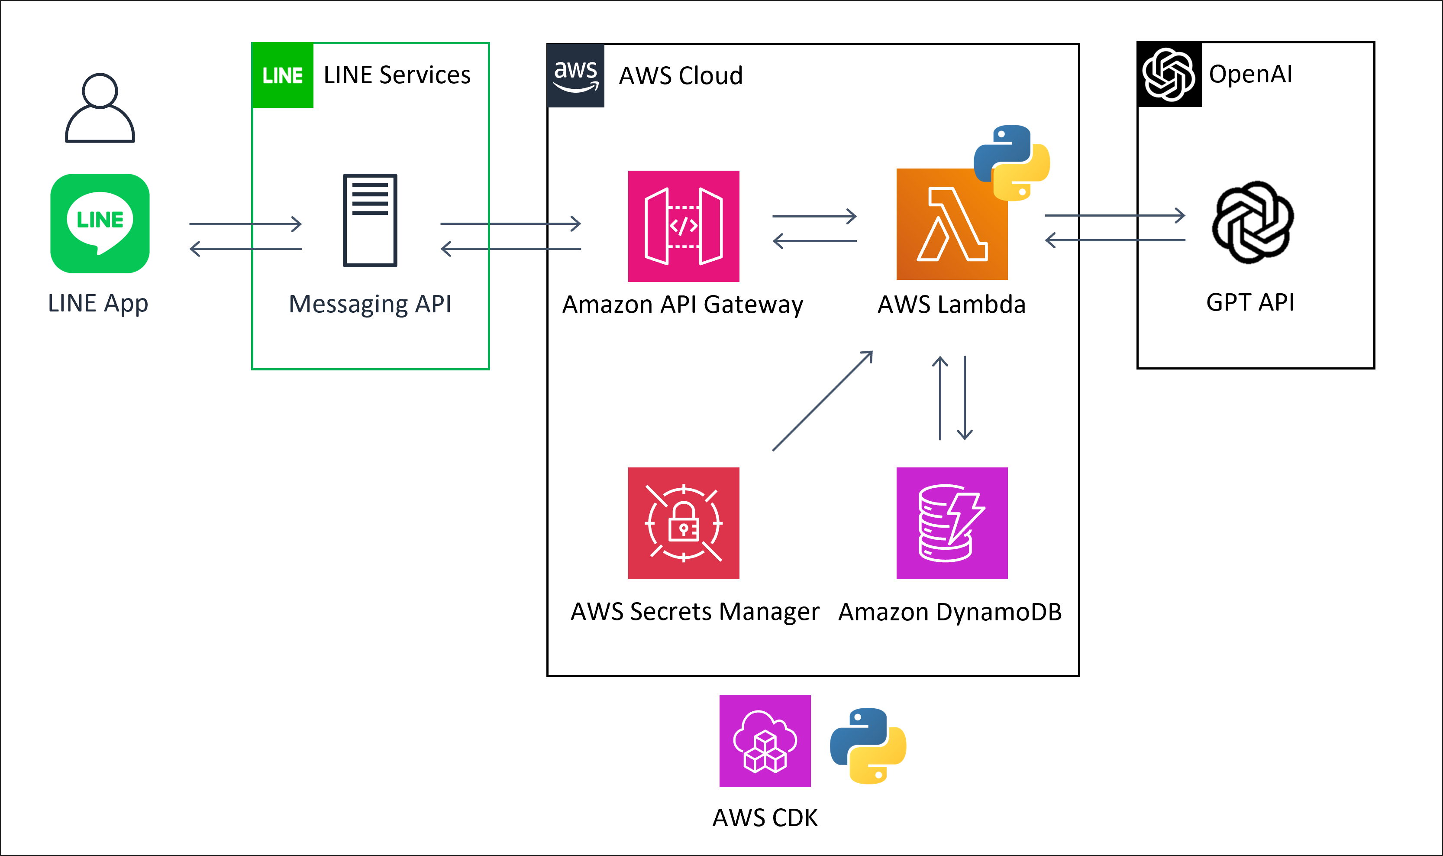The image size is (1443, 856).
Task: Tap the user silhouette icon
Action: tap(100, 108)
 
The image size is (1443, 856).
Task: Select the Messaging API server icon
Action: tap(370, 220)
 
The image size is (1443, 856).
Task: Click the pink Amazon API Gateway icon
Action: tap(683, 226)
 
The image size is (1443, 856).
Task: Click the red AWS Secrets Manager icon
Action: tap(683, 522)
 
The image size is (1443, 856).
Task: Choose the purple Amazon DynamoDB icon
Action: tap(952, 522)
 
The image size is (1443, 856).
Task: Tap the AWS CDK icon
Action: tap(765, 741)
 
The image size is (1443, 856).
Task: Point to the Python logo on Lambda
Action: tap(1012, 162)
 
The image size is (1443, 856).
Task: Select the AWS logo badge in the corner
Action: tap(575, 75)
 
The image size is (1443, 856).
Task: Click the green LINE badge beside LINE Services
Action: tap(282, 75)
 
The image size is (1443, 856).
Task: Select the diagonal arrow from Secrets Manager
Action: tap(823, 400)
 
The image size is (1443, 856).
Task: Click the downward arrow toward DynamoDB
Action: tap(965, 398)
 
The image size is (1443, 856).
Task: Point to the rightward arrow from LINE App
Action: tap(245, 224)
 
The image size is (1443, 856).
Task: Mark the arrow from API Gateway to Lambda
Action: tap(814, 216)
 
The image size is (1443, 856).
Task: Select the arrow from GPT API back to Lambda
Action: tap(1115, 240)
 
